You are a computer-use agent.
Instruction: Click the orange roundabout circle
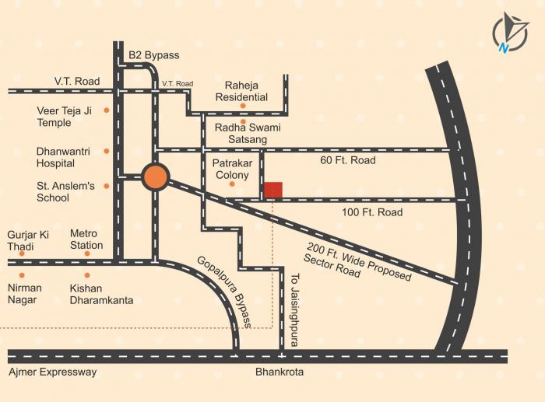(156, 177)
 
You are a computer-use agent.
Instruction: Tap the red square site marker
(272, 190)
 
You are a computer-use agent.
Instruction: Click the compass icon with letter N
(510, 32)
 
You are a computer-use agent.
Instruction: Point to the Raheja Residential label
(246, 91)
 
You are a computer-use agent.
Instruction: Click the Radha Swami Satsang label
(243, 133)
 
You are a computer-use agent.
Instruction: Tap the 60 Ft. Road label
(348, 160)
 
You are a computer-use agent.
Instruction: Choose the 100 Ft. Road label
(372, 212)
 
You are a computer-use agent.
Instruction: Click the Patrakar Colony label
(232, 169)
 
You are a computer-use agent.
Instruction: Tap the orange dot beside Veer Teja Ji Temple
(107, 110)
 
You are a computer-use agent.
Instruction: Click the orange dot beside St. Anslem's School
(107, 186)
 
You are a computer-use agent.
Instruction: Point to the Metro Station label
(86, 239)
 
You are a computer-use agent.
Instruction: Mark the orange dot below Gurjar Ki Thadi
(22, 253)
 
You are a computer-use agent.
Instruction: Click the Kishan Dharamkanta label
(100, 294)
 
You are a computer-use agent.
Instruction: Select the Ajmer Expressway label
(53, 372)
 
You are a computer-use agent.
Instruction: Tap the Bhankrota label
(280, 372)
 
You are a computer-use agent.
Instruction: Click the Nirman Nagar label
(26, 294)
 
